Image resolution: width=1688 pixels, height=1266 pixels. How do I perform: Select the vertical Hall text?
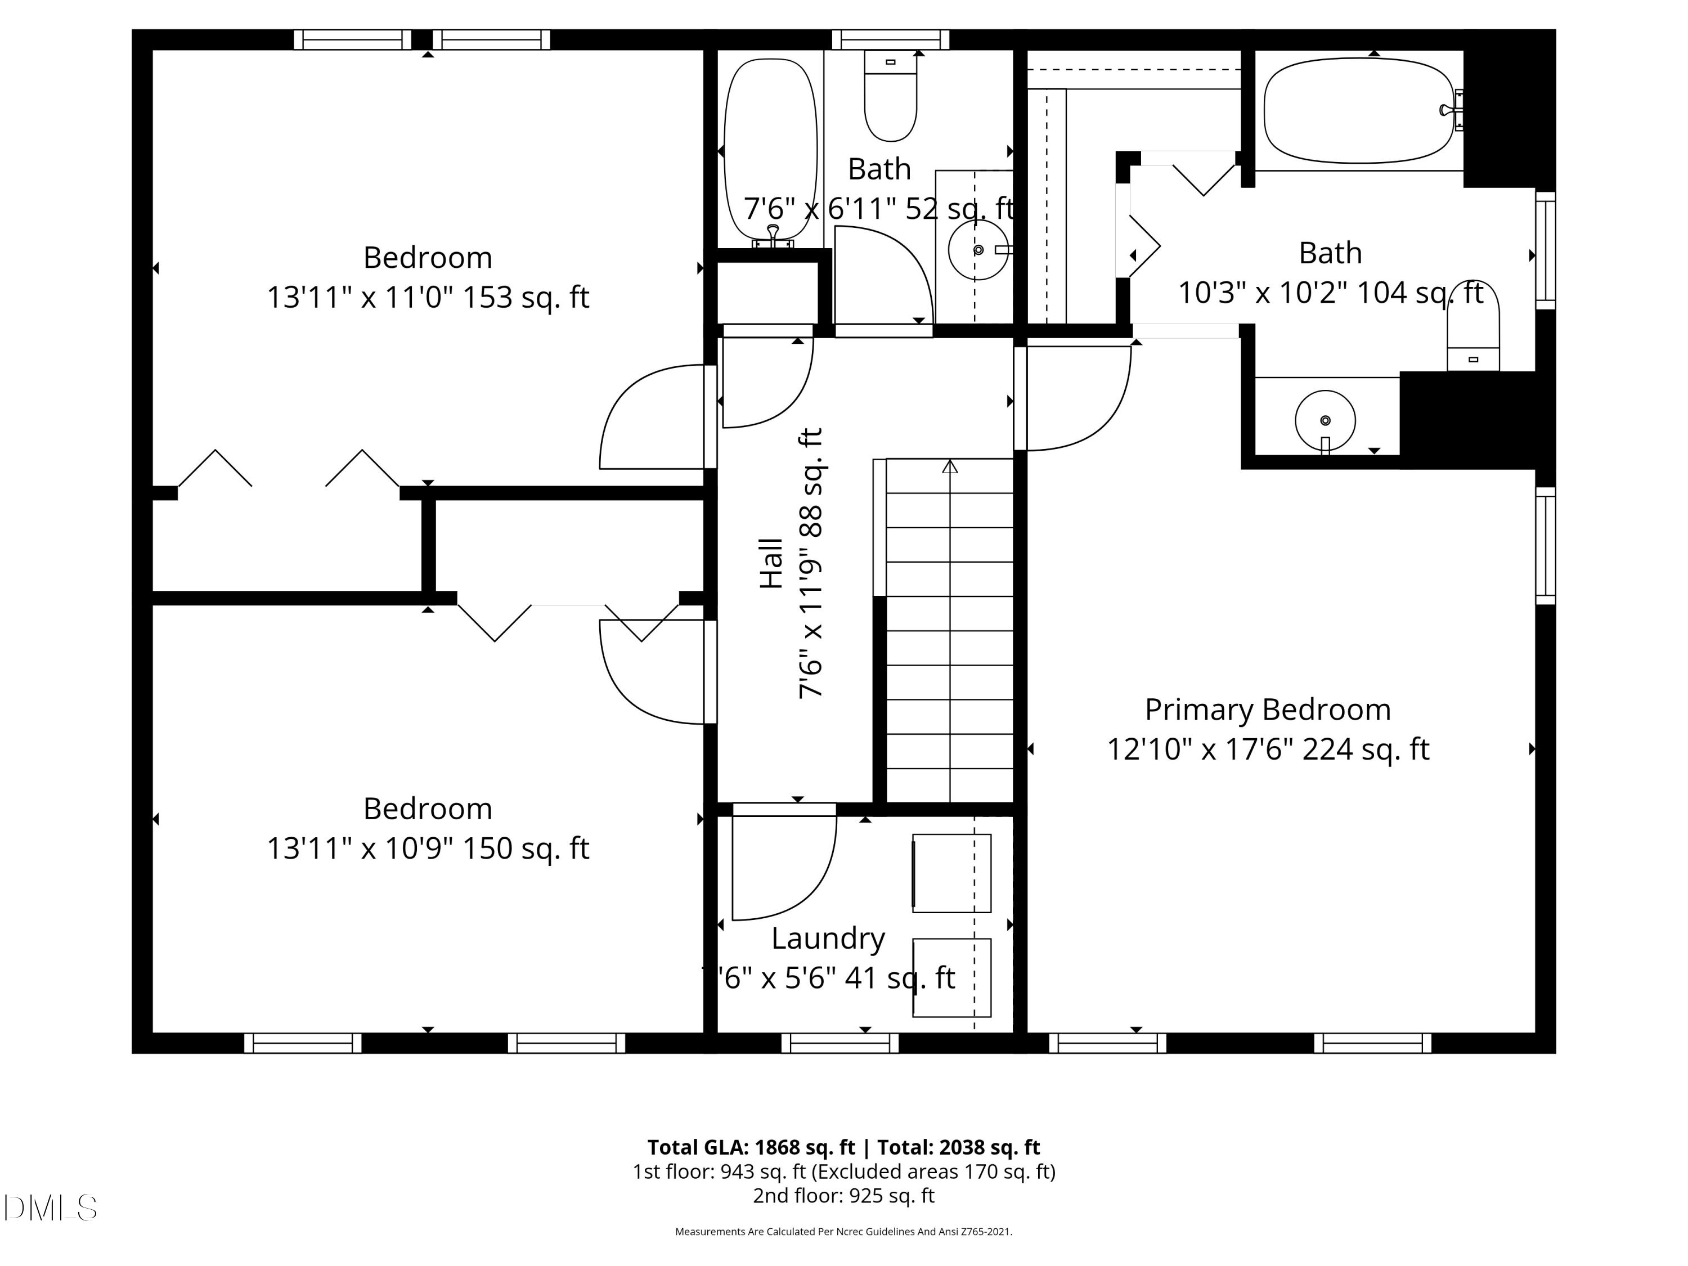[771, 563]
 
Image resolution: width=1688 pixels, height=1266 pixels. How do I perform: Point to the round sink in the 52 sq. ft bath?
[977, 249]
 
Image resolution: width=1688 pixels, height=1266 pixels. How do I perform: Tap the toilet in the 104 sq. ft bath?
[1473, 328]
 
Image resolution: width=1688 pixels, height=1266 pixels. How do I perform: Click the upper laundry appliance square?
[951, 873]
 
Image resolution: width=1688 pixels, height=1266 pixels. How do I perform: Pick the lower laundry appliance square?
[951, 977]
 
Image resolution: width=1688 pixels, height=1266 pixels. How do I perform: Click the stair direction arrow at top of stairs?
[949, 466]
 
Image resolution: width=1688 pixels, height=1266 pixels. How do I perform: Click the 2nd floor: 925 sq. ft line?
[843, 1195]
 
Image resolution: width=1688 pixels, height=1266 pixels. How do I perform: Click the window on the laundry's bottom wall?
[840, 1043]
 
